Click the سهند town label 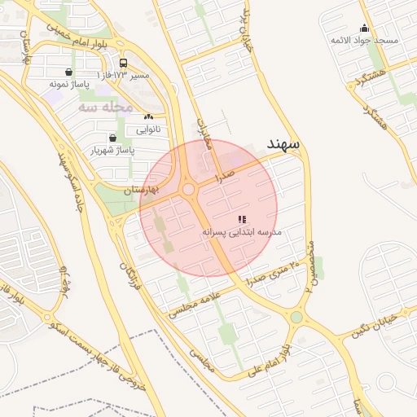(x=283, y=144)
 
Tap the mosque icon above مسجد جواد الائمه (x=364, y=29)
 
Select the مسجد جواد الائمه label (x=364, y=39)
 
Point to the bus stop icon (x=123, y=64)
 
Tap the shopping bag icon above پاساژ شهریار (x=112, y=138)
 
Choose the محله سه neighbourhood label (x=106, y=107)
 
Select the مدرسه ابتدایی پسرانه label (x=242, y=232)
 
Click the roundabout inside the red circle (x=189, y=190)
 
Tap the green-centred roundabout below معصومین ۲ (x=296, y=318)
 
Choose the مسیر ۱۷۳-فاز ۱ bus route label (x=123, y=75)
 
